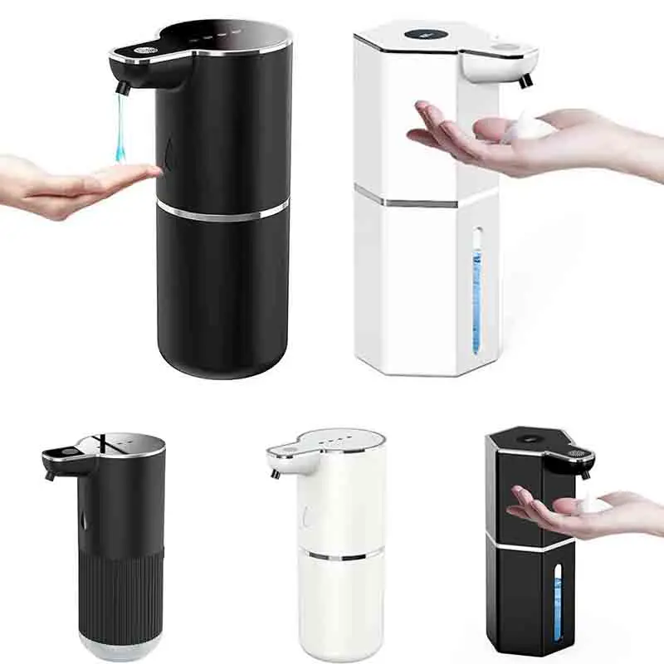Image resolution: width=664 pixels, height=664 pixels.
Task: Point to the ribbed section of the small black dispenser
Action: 122,589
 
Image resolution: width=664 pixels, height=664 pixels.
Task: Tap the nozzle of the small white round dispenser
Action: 275,473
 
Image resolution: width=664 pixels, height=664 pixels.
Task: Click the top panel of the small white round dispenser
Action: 349,437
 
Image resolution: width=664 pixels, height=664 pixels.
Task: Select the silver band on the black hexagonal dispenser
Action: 531,544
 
